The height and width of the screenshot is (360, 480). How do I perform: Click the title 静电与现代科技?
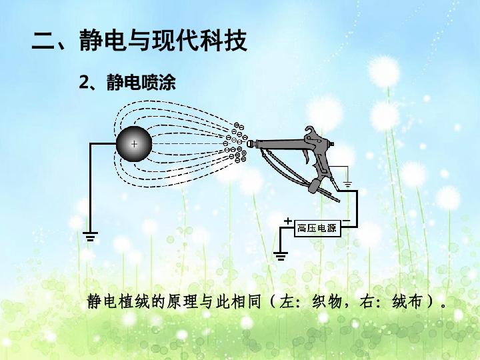pos(163,40)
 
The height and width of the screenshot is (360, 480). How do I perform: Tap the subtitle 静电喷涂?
pos(141,82)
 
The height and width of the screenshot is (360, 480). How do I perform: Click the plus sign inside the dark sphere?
pos(134,143)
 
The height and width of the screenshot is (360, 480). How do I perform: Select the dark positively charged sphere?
pos(134,144)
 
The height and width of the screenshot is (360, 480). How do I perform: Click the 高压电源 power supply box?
pos(317,228)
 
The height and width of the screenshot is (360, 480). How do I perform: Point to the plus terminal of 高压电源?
pos(288,221)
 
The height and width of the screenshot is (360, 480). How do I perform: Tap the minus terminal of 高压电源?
pos(346,221)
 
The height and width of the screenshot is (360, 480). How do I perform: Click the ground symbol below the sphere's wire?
pos(90,236)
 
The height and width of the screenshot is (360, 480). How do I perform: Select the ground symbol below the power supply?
pos(281,256)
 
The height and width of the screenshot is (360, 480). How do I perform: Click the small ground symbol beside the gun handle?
pos(347,184)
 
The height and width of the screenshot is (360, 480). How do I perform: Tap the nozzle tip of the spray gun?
pos(249,143)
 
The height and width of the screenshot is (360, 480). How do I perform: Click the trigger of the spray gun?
pos(306,156)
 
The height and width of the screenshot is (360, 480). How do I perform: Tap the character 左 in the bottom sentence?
pos(287,302)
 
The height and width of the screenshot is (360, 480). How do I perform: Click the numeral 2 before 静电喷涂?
pos(84,82)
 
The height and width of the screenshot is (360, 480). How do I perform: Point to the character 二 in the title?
pos(43,41)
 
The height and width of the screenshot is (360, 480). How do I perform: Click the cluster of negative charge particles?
pos(236,143)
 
